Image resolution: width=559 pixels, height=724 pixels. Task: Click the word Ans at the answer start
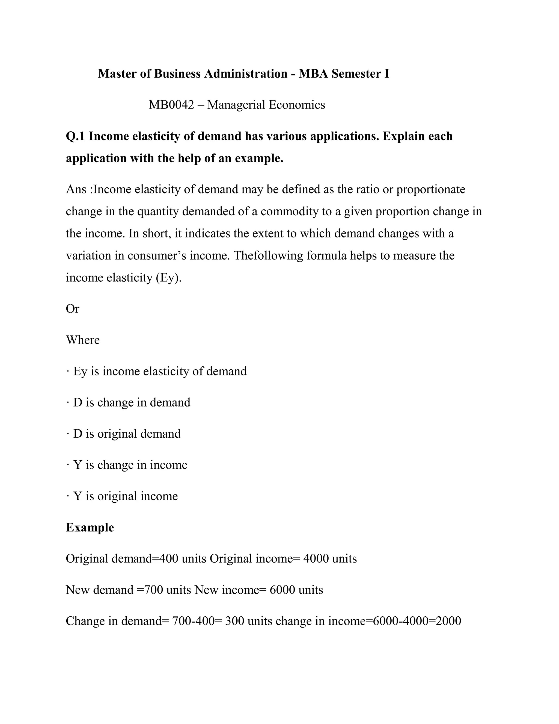coord(76,190)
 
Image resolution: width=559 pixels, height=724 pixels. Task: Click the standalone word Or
coord(73,309)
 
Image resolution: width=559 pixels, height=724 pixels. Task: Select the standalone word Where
coord(83,340)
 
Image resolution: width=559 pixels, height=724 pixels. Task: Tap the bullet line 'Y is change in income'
coord(130,465)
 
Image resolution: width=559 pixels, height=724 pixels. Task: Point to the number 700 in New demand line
coord(154,590)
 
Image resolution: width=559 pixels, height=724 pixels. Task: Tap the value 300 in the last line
coord(234,621)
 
